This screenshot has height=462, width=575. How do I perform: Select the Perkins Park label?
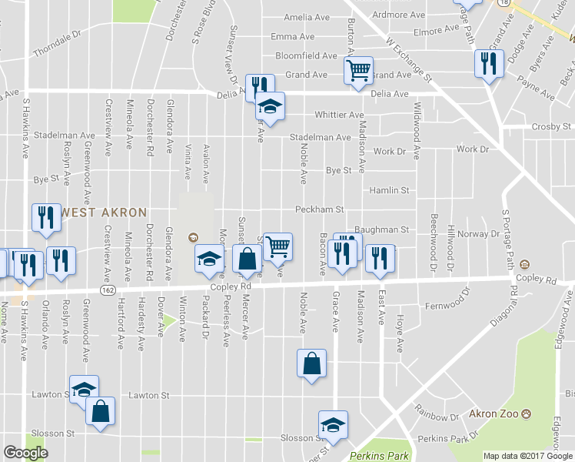(x=379, y=456)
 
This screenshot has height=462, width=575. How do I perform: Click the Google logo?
(x=25, y=453)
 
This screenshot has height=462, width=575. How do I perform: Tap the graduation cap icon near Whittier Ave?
(x=270, y=105)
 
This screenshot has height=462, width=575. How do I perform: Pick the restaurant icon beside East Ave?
(x=379, y=259)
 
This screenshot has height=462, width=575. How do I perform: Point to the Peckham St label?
(x=319, y=209)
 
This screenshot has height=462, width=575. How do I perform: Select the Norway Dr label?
(x=484, y=234)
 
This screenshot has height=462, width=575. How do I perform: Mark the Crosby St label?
(x=551, y=126)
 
